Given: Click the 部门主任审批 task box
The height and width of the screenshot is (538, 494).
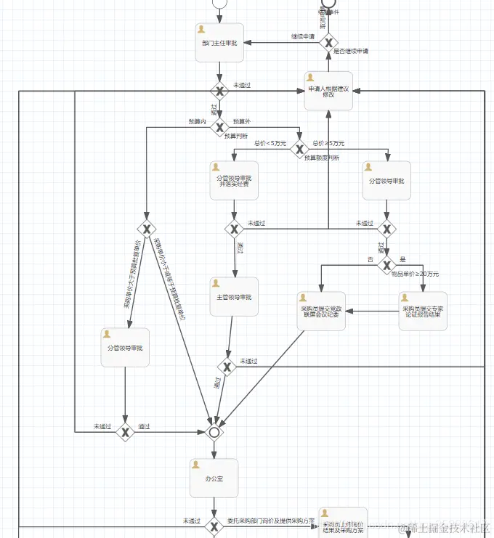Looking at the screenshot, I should [x=219, y=43].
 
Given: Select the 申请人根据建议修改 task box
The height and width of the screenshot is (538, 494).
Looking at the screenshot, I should [x=328, y=91].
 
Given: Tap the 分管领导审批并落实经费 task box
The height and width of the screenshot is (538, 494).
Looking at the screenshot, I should [x=234, y=181].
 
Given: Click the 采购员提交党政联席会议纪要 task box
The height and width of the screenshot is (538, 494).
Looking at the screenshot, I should [x=321, y=311].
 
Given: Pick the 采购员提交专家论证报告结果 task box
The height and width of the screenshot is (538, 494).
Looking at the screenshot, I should [x=422, y=311].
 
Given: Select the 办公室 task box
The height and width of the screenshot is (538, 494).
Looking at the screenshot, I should [x=214, y=478].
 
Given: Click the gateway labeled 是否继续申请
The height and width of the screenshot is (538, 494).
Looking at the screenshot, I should [x=328, y=43].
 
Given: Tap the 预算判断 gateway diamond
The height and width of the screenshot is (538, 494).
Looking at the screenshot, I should [x=219, y=128].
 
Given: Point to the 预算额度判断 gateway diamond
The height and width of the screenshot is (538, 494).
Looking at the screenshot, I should [x=299, y=150].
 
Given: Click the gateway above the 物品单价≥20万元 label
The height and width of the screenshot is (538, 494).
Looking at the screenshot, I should [x=386, y=266].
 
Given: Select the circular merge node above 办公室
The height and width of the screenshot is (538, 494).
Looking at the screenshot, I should [x=214, y=433].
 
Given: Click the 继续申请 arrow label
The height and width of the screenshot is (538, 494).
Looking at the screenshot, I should [x=303, y=36].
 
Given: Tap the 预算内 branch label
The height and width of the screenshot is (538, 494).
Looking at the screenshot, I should [x=197, y=121].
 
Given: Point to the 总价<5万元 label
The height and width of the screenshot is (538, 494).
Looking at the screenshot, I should [x=270, y=143].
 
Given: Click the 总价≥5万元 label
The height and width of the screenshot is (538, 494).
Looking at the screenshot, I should [x=328, y=143].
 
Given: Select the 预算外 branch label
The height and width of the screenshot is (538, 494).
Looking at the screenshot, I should [x=241, y=121].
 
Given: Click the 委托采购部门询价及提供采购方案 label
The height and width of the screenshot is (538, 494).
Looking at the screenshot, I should [x=270, y=521].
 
